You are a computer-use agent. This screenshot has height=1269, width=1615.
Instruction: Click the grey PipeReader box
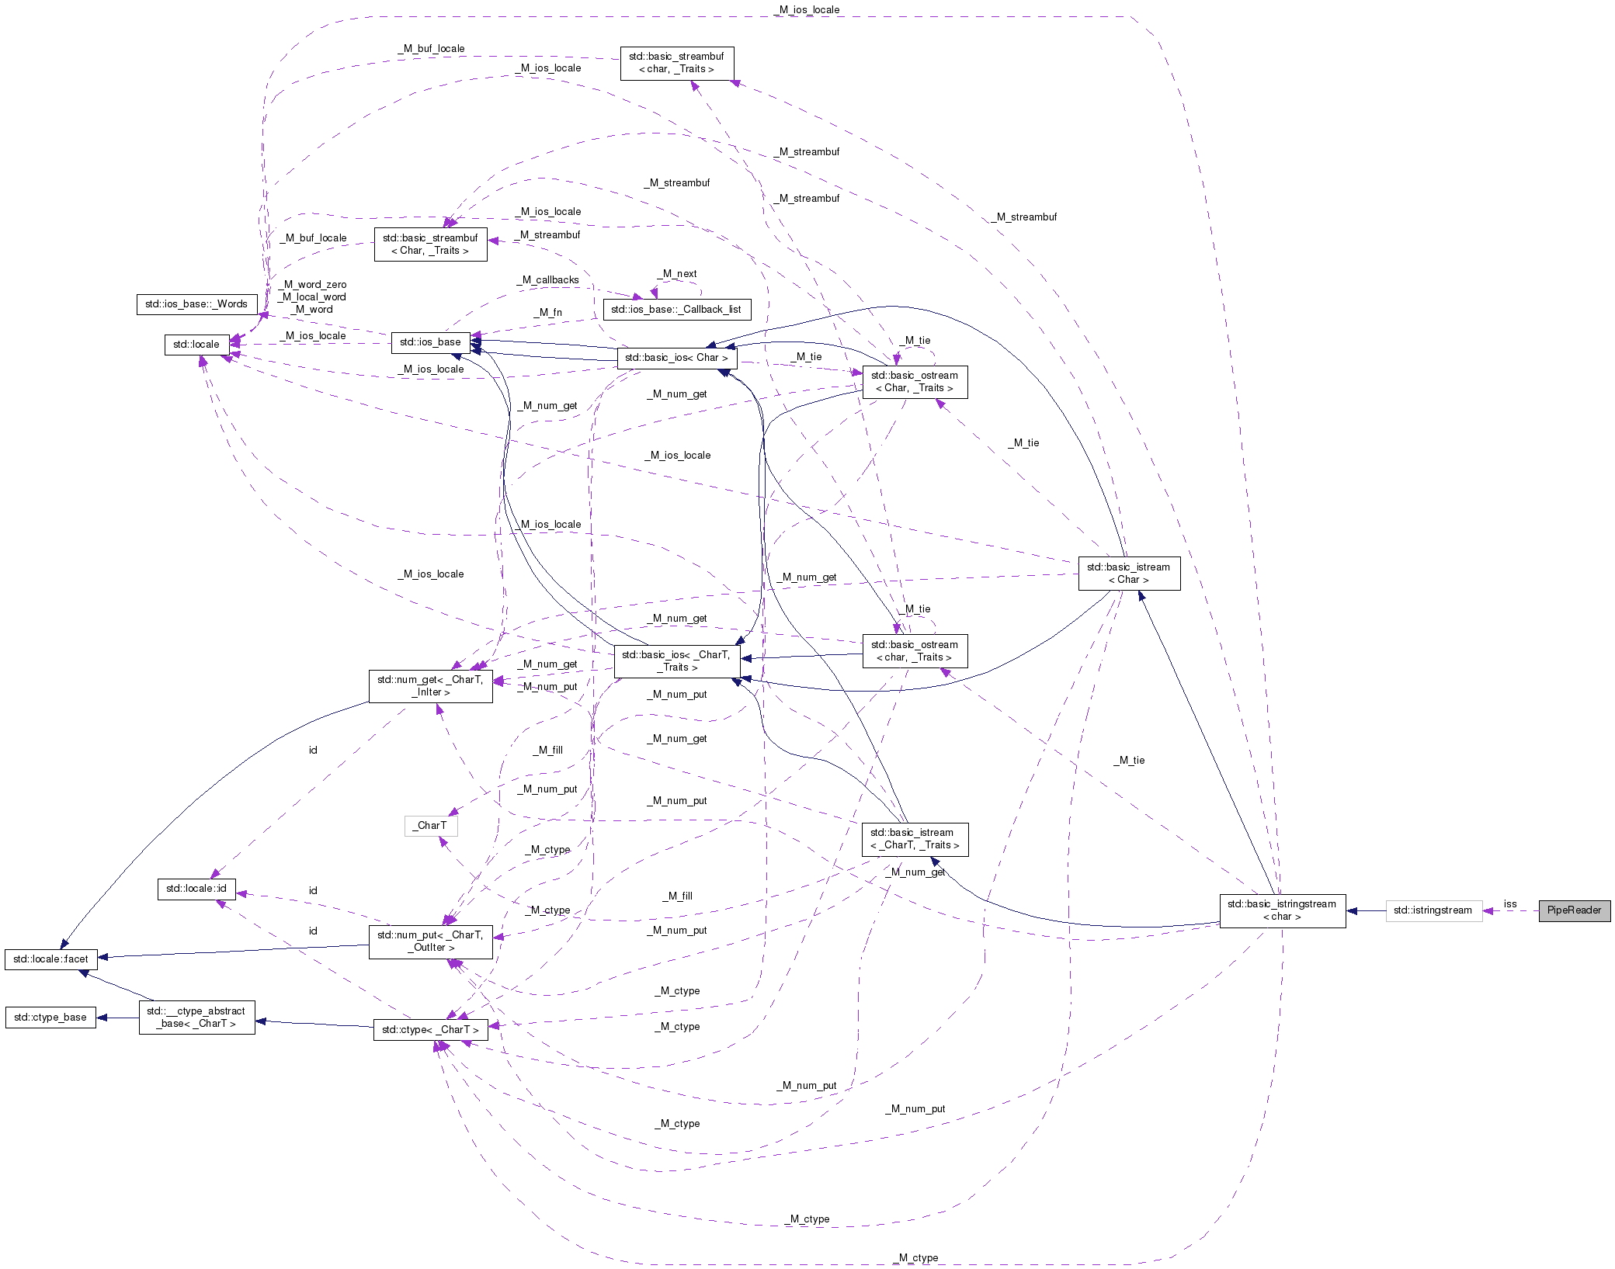[x=1574, y=910]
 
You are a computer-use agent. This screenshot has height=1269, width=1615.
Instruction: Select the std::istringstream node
[x=1433, y=910]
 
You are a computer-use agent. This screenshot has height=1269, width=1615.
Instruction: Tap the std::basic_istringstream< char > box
[x=1282, y=910]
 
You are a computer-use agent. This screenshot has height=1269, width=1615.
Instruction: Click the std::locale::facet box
[x=50, y=959]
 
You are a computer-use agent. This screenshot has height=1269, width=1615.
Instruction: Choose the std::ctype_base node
[x=50, y=1018]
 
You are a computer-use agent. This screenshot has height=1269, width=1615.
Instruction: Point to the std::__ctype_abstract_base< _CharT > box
[x=196, y=1018]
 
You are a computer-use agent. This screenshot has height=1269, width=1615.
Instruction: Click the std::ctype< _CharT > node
[x=430, y=1030]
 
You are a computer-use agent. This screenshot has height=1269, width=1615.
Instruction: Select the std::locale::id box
[x=196, y=889]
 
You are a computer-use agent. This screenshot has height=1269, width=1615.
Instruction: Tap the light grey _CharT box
[x=430, y=826]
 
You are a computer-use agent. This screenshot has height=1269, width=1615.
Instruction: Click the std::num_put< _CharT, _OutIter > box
[x=430, y=941]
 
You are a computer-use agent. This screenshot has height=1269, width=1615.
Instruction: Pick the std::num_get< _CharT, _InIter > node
[x=430, y=686]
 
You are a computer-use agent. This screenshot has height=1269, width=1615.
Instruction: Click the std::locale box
[x=196, y=345]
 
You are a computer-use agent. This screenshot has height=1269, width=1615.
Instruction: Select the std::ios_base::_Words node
[x=196, y=304]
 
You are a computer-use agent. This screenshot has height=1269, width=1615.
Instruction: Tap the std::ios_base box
[x=430, y=342]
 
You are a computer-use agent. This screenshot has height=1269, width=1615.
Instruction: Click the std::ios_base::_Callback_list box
[x=676, y=310]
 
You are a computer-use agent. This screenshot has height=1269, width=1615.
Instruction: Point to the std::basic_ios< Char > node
[x=676, y=358]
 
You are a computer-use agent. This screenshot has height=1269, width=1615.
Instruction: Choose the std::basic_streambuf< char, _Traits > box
[x=676, y=63]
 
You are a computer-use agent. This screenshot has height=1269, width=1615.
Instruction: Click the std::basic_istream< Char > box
[x=1128, y=574]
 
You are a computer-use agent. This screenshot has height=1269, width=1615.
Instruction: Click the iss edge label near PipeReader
[x=1509, y=904]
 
